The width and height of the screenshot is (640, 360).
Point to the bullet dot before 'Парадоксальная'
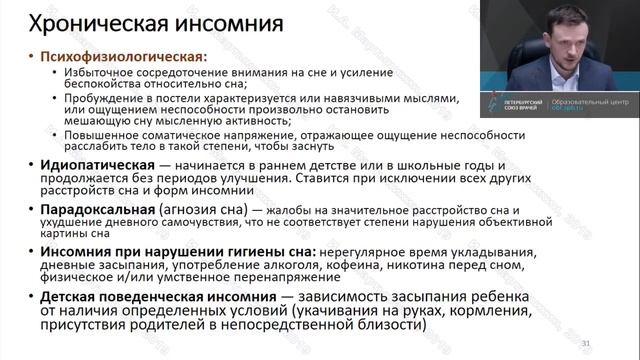click(x=31, y=210)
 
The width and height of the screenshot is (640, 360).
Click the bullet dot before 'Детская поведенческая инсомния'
click(x=31, y=298)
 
